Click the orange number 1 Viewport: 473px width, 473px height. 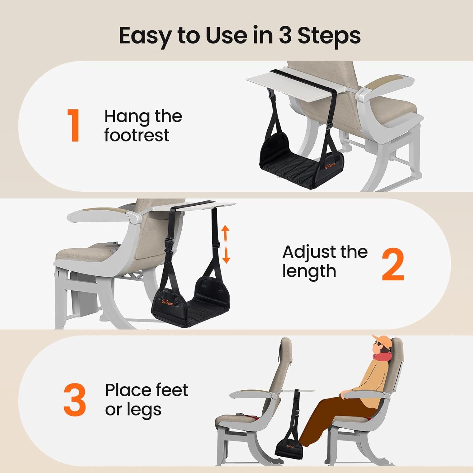click(74, 125)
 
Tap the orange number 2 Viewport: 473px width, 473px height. click(393, 264)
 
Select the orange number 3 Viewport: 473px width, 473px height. click(75, 400)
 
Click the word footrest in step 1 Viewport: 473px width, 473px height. click(137, 135)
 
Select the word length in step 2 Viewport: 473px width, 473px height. click(309, 271)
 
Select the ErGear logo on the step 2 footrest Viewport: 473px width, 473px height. click(167, 302)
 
